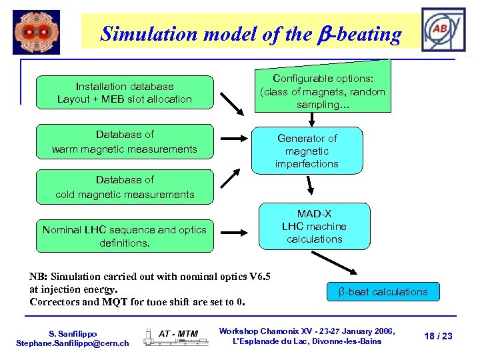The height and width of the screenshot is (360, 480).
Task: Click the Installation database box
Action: pos(124,93)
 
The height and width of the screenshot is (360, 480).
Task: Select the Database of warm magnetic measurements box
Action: pos(124,142)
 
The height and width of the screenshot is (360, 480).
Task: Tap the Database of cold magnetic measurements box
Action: pos(124,187)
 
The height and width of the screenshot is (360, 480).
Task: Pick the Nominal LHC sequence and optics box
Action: pos(124,237)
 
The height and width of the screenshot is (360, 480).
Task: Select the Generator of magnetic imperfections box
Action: pos(307,151)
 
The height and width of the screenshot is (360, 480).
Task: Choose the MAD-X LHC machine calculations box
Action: pos(314,226)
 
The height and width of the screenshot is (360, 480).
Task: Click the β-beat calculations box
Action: pos(383,292)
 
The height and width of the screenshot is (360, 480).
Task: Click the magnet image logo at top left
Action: pos(36,32)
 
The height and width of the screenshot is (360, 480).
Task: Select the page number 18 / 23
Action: pos(438,336)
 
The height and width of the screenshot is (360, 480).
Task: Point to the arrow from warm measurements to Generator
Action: pos(234,139)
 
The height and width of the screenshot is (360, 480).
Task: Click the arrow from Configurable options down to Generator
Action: pos(311,119)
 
